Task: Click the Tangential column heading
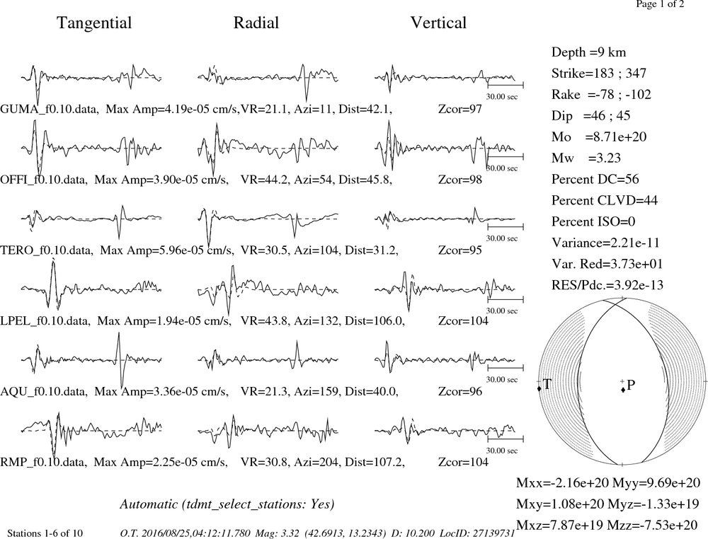tap(94, 23)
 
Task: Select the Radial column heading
tap(256, 23)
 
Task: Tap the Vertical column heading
tap(438, 23)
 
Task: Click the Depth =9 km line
tap(589, 52)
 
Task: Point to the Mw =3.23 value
tap(586, 158)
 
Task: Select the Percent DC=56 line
tap(595, 179)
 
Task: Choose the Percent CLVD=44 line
tap(605, 200)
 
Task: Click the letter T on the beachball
tap(547, 384)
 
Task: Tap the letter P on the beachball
tap(631, 385)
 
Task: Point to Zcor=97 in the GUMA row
tap(460, 109)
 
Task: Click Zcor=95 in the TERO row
tap(460, 250)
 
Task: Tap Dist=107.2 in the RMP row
tap(375, 463)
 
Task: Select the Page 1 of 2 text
tap(660, 4)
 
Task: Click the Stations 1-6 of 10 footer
tap(45, 533)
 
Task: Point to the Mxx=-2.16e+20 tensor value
tap(563, 483)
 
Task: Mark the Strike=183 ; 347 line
tap(599, 74)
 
